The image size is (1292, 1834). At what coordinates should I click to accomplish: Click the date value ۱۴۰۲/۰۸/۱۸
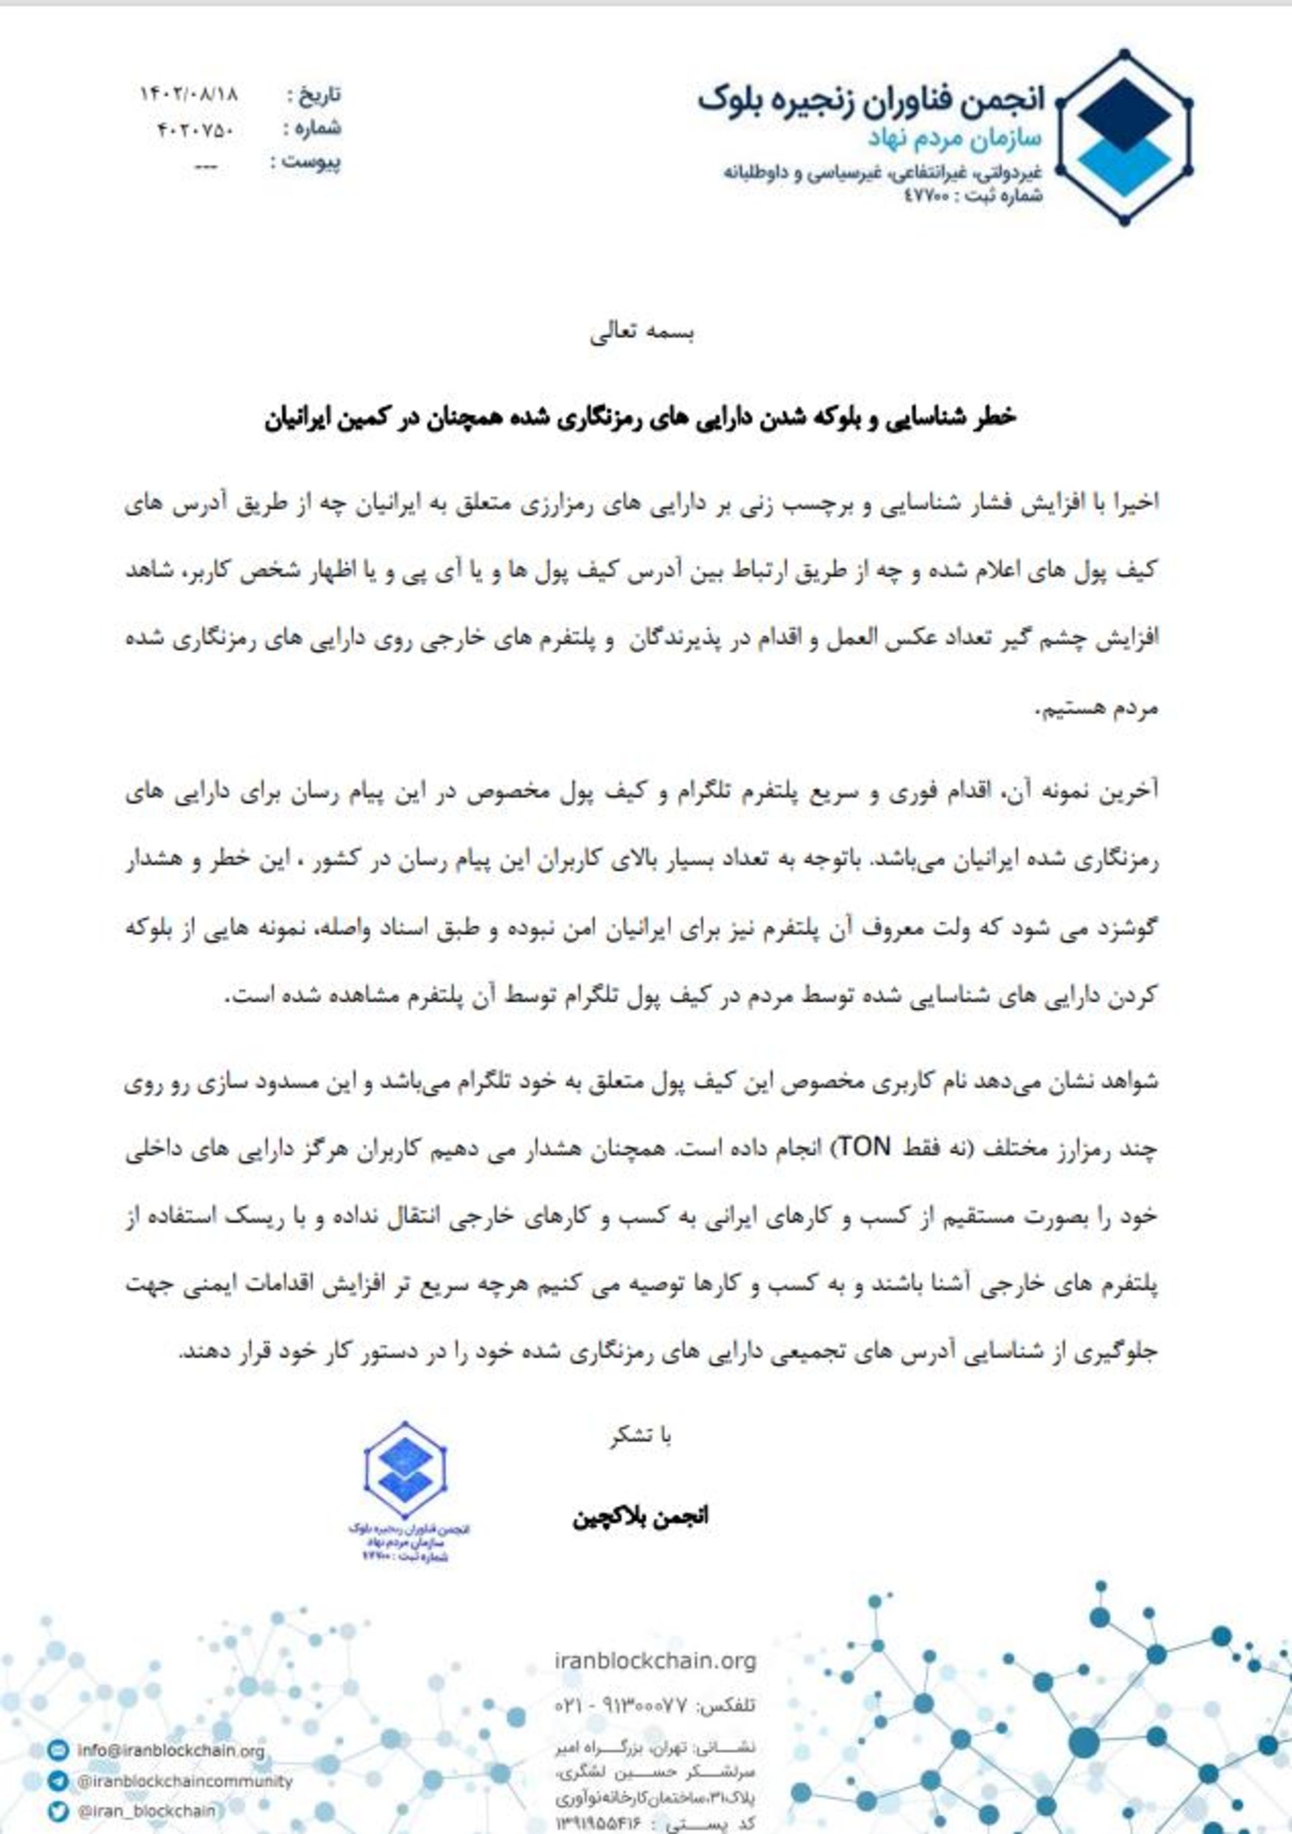pyautogui.click(x=188, y=94)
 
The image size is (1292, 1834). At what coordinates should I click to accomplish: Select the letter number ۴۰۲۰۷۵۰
pyautogui.click(x=196, y=129)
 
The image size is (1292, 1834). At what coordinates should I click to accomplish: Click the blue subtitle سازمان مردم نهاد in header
pyautogui.click(x=954, y=138)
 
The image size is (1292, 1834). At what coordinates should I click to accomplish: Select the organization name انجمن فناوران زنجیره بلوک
pyautogui.click(x=870, y=100)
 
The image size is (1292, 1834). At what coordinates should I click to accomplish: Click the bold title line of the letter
pyautogui.click(x=641, y=419)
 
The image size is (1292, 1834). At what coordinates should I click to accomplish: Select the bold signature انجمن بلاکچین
pyautogui.click(x=640, y=1517)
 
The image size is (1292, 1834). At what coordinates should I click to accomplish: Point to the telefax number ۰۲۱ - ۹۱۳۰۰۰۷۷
pyautogui.click(x=620, y=1705)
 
